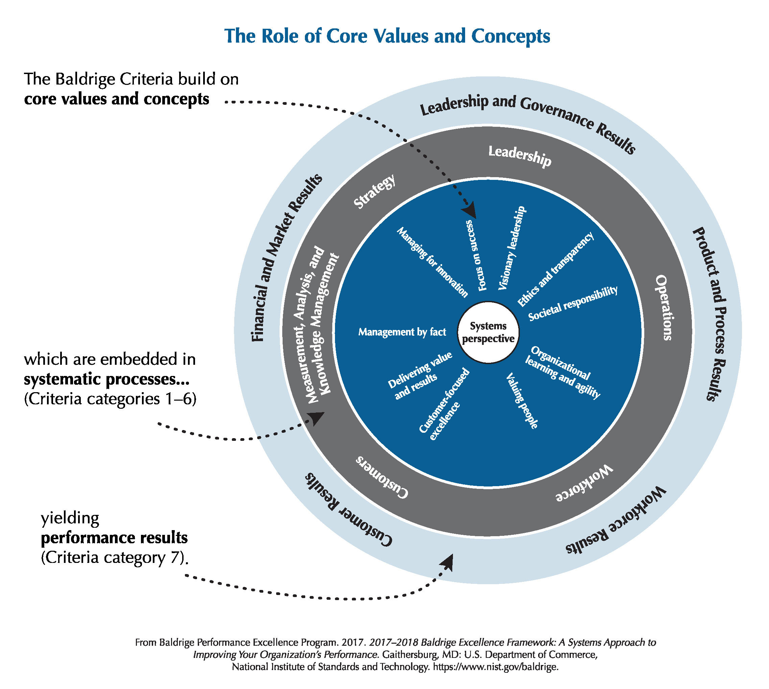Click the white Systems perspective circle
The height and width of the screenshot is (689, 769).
[488, 332]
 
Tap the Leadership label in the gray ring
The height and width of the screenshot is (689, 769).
[519, 156]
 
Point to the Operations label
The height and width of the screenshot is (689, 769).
[664, 307]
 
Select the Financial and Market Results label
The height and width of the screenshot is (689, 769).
[287, 257]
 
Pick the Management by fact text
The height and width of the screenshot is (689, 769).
[402, 332]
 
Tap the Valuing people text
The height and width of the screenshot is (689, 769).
[522, 401]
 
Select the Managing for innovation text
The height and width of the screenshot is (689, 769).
[432, 262]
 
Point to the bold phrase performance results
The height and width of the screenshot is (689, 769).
[114, 538]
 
